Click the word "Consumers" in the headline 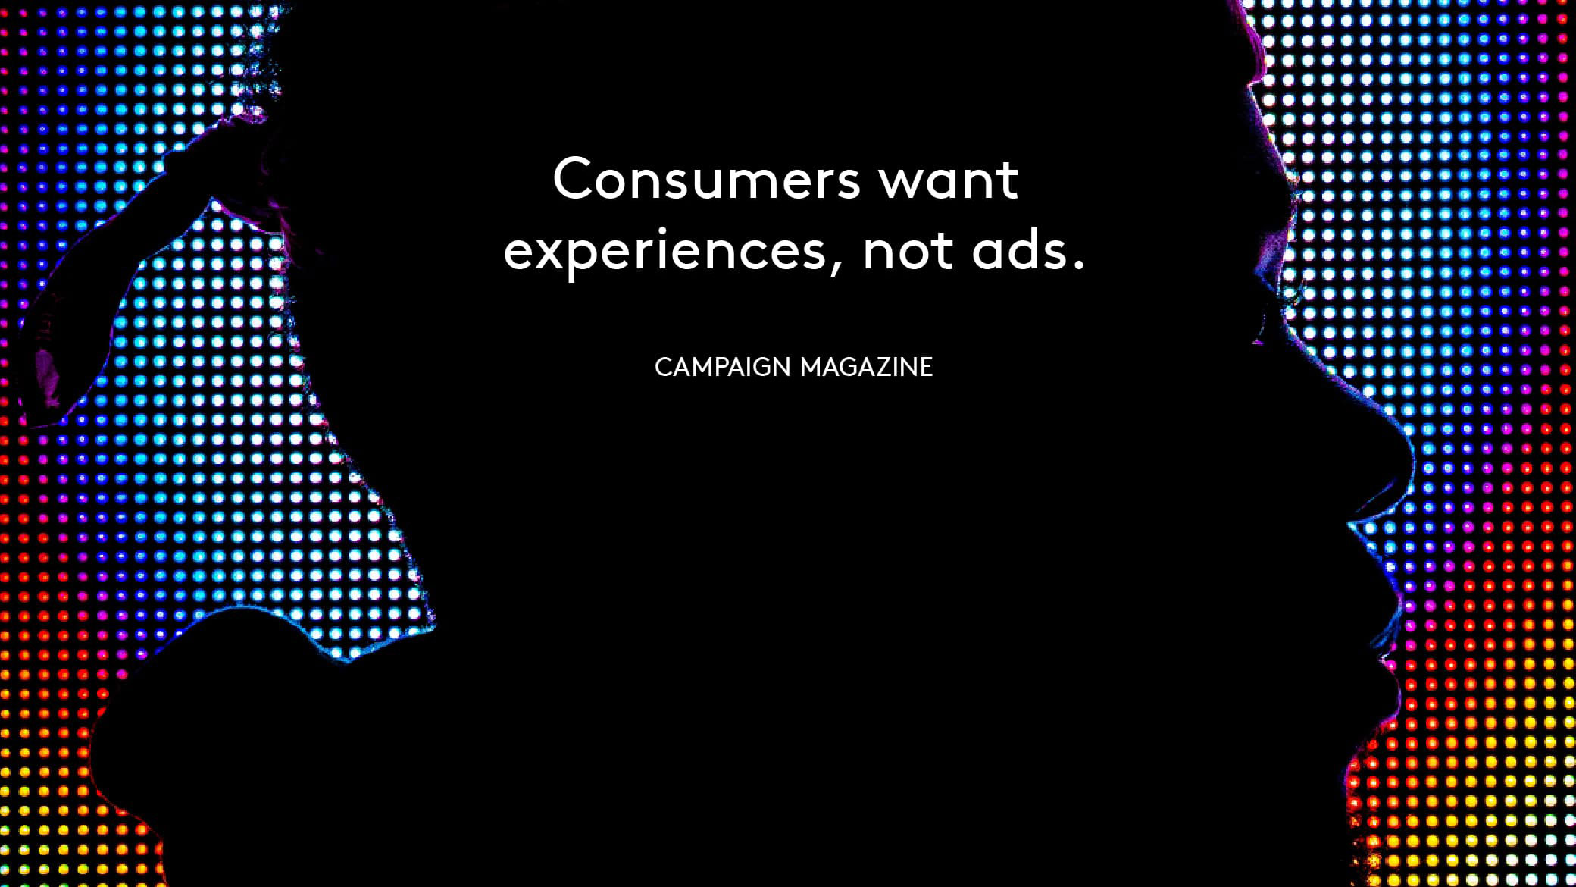[x=706, y=179]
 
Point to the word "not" [x=908, y=252]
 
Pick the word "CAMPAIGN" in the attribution [x=723, y=367]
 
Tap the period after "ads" [x=1080, y=266]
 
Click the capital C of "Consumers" [x=573, y=179]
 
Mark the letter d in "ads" [x=1024, y=249]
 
